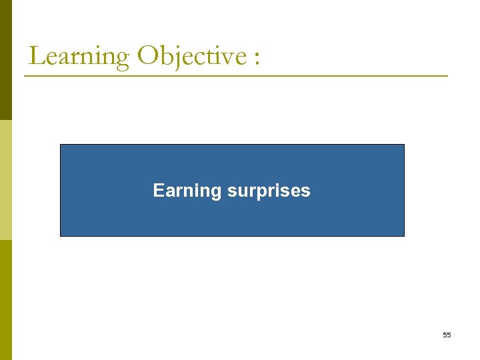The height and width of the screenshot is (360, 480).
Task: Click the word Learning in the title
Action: pyautogui.click(x=79, y=56)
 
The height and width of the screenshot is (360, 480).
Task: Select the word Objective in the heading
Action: pyautogui.click(x=192, y=56)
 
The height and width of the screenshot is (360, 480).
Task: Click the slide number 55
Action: pyautogui.click(x=447, y=335)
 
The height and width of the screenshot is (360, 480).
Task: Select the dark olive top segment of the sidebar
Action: pyautogui.click(x=5, y=60)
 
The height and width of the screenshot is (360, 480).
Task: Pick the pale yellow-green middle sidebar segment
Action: pyautogui.click(x=5, y=180)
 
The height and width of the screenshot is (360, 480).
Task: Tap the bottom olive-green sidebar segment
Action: pyautogui.click(x=5, y=300)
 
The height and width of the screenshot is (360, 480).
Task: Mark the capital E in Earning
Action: pyautogui.click(x=158, y=191)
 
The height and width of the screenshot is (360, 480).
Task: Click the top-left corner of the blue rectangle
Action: pyautogui.click(x=61, y=145)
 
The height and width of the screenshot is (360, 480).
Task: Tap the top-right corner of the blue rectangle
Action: pyautogui.click(x=404, y=145)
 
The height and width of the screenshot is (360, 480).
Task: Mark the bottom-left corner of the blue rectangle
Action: pyautogui.click(x=61, y=236)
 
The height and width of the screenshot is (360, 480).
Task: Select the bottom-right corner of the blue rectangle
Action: pyautogui.click(x=404, y=236)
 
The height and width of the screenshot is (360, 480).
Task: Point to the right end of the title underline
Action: pyautogui.click(x=447, y=76)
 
